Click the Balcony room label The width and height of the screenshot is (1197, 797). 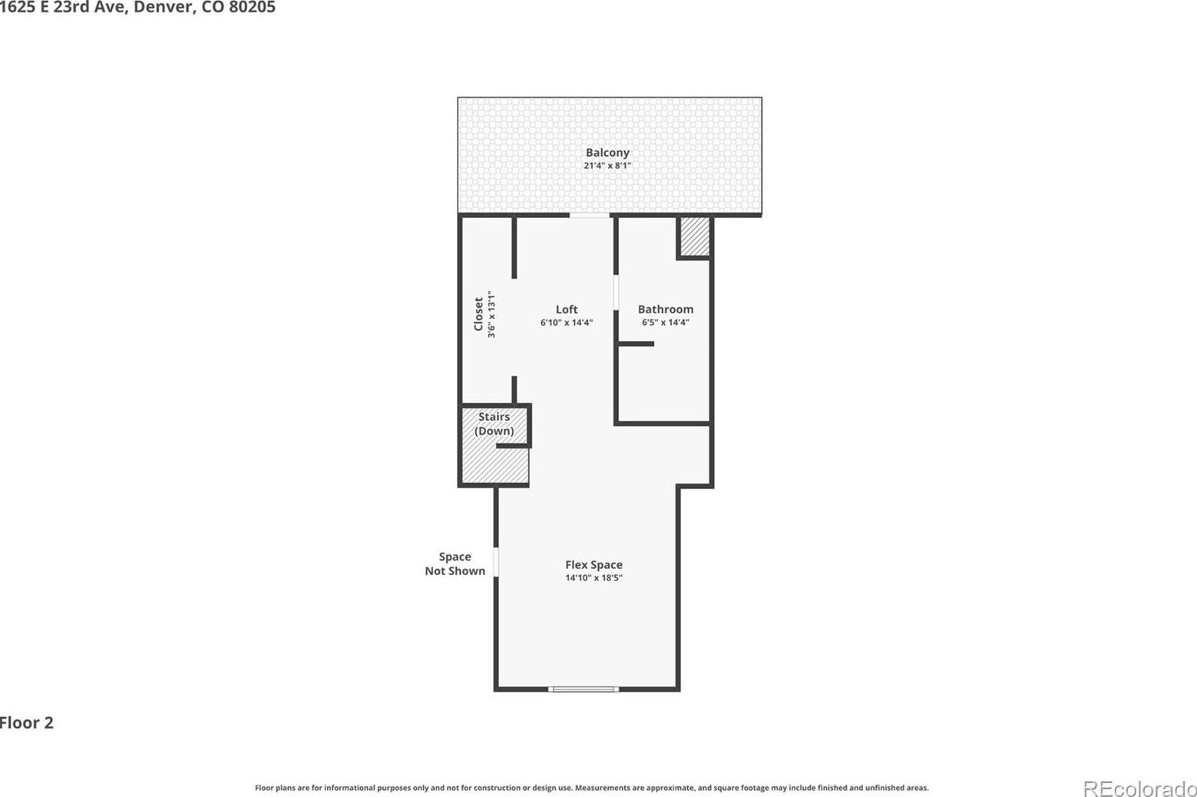[607, 153]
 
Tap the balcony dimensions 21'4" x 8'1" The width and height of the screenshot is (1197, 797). [607, 166]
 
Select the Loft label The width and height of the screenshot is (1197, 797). [567, 309]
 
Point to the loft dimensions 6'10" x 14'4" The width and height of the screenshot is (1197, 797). [567, 322]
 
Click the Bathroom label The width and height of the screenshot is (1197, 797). [665, 309]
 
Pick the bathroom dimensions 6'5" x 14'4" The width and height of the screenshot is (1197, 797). [665, 322]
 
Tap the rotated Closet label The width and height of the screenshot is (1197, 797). [479, 314]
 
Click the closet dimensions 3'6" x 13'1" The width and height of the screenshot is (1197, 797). [491, 314]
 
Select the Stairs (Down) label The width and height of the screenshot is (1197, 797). [494, 423]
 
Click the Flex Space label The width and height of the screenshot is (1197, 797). [594, 564]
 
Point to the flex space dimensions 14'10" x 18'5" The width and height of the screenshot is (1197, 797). [594, 578]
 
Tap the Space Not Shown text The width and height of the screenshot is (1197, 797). [455, 564]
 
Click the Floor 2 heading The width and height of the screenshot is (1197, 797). [27, 723]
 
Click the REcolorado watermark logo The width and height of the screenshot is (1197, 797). [1140, 789]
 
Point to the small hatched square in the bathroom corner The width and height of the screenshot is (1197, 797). [695, 236]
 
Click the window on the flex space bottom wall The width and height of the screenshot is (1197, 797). [584, 689]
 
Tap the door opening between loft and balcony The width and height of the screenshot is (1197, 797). [590, 215]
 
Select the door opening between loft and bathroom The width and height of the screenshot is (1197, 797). [616, 293]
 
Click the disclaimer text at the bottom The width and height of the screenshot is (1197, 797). [591, 787]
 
